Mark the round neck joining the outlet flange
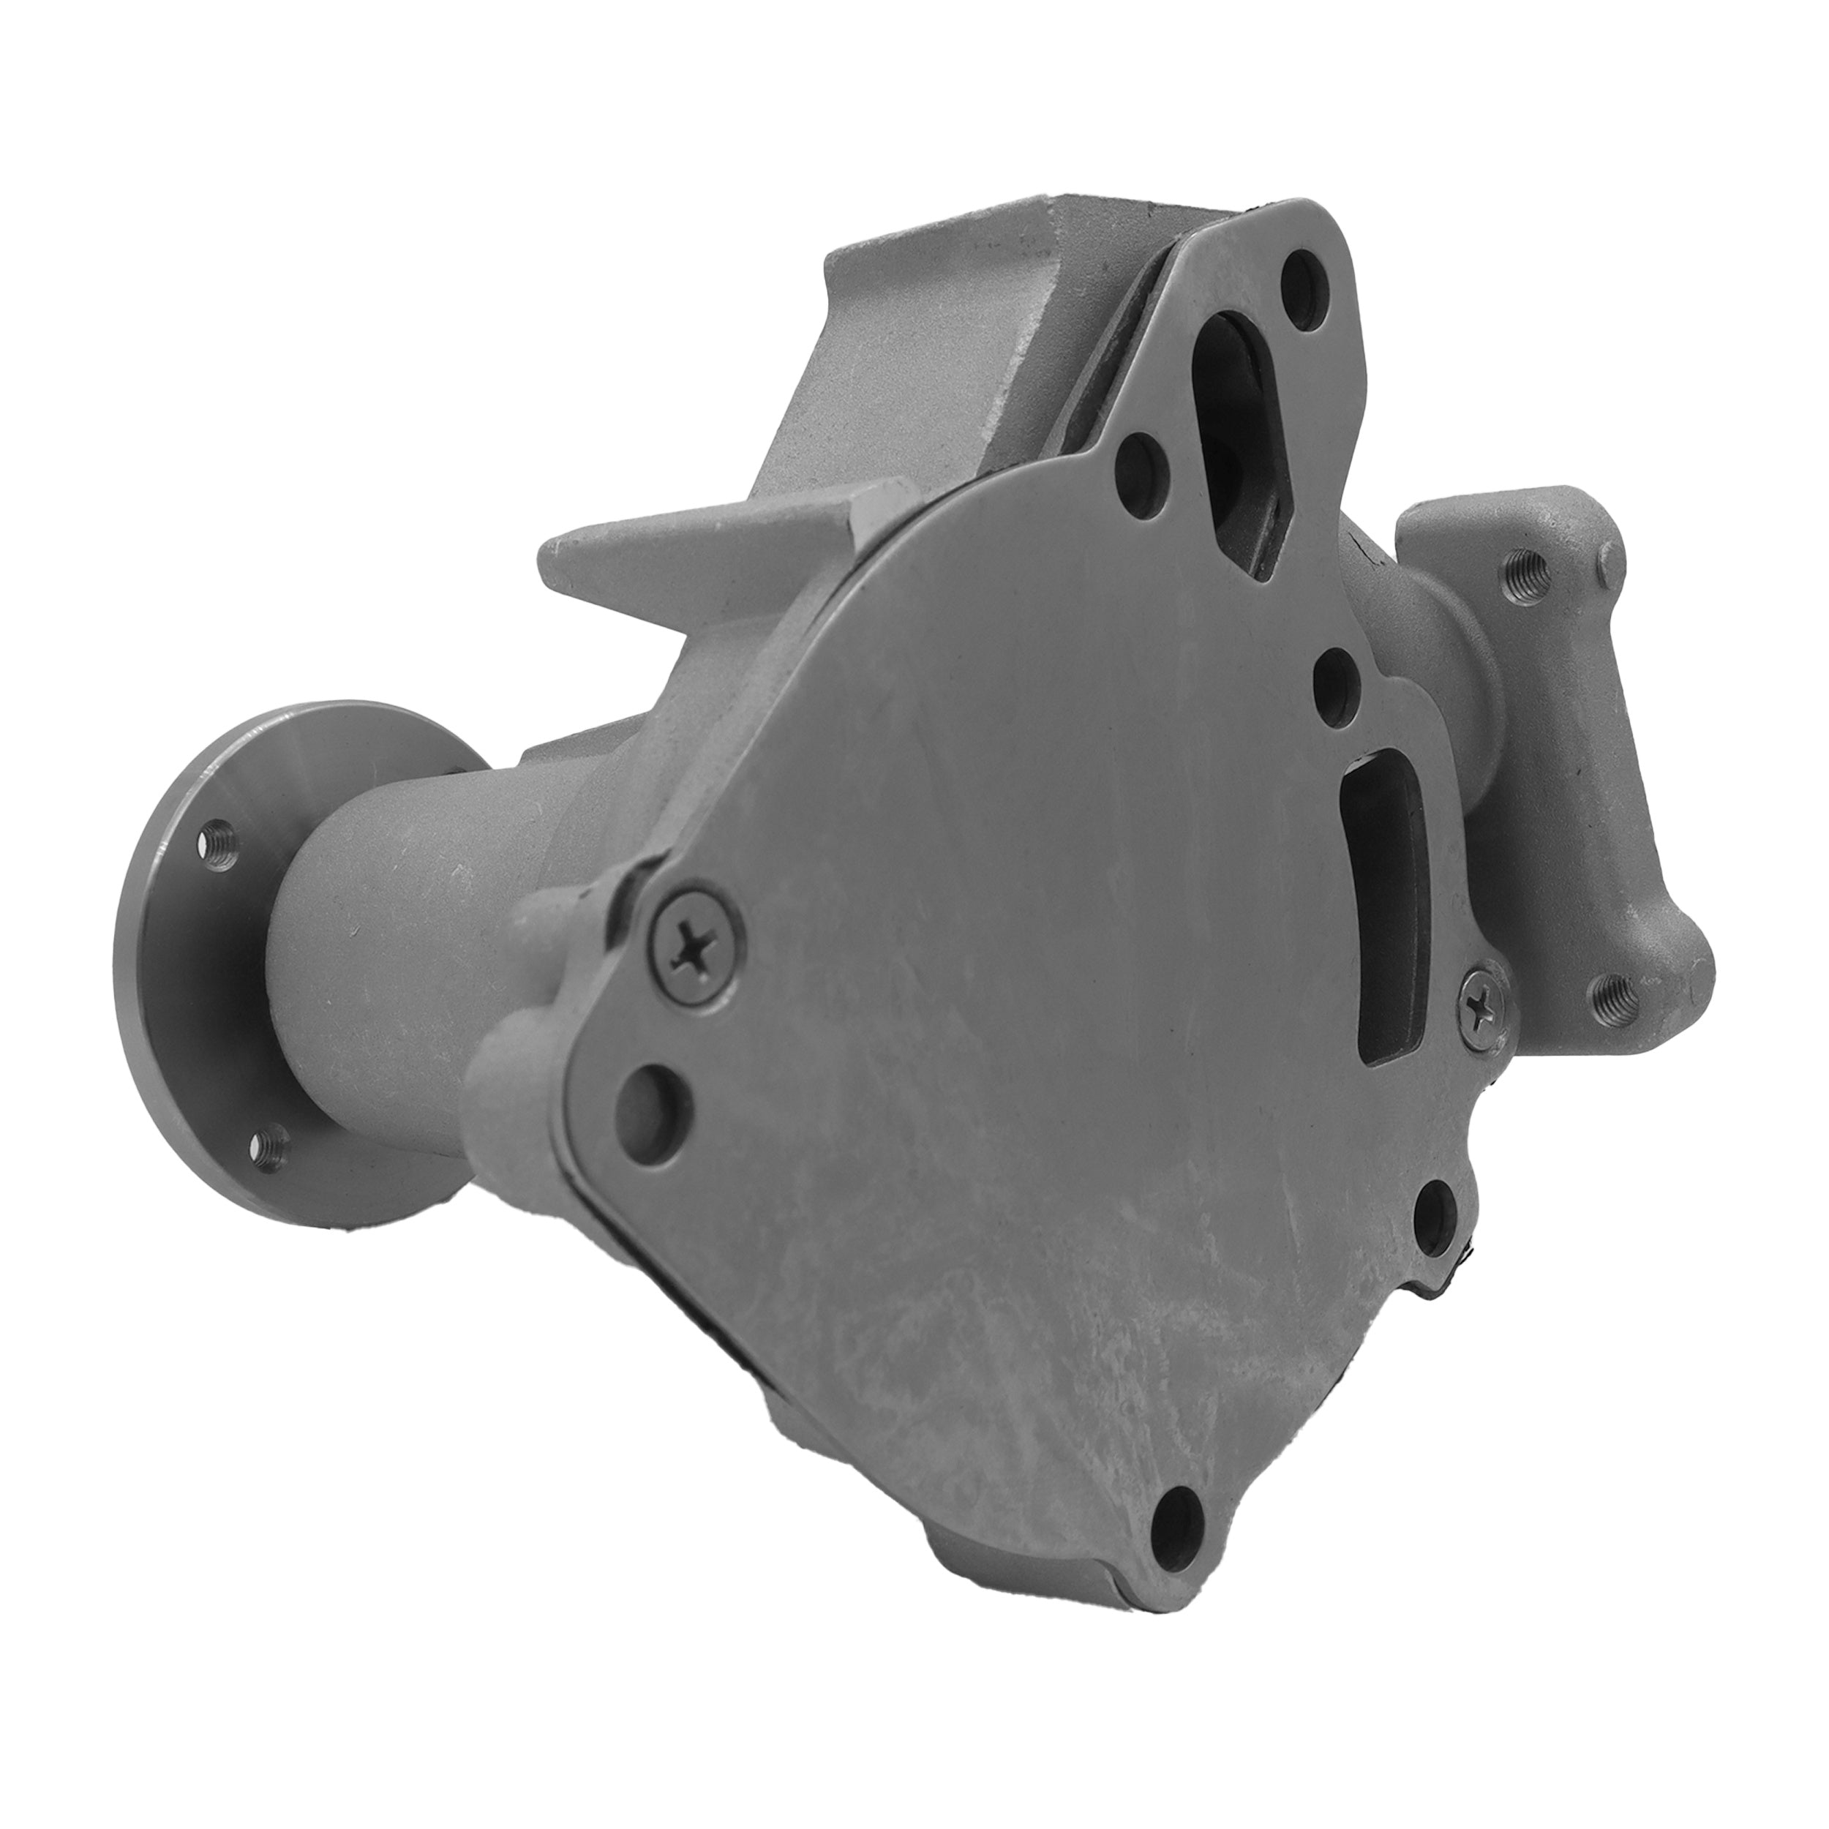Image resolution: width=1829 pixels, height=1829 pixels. pyautogui.click(x=1458, y=701)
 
